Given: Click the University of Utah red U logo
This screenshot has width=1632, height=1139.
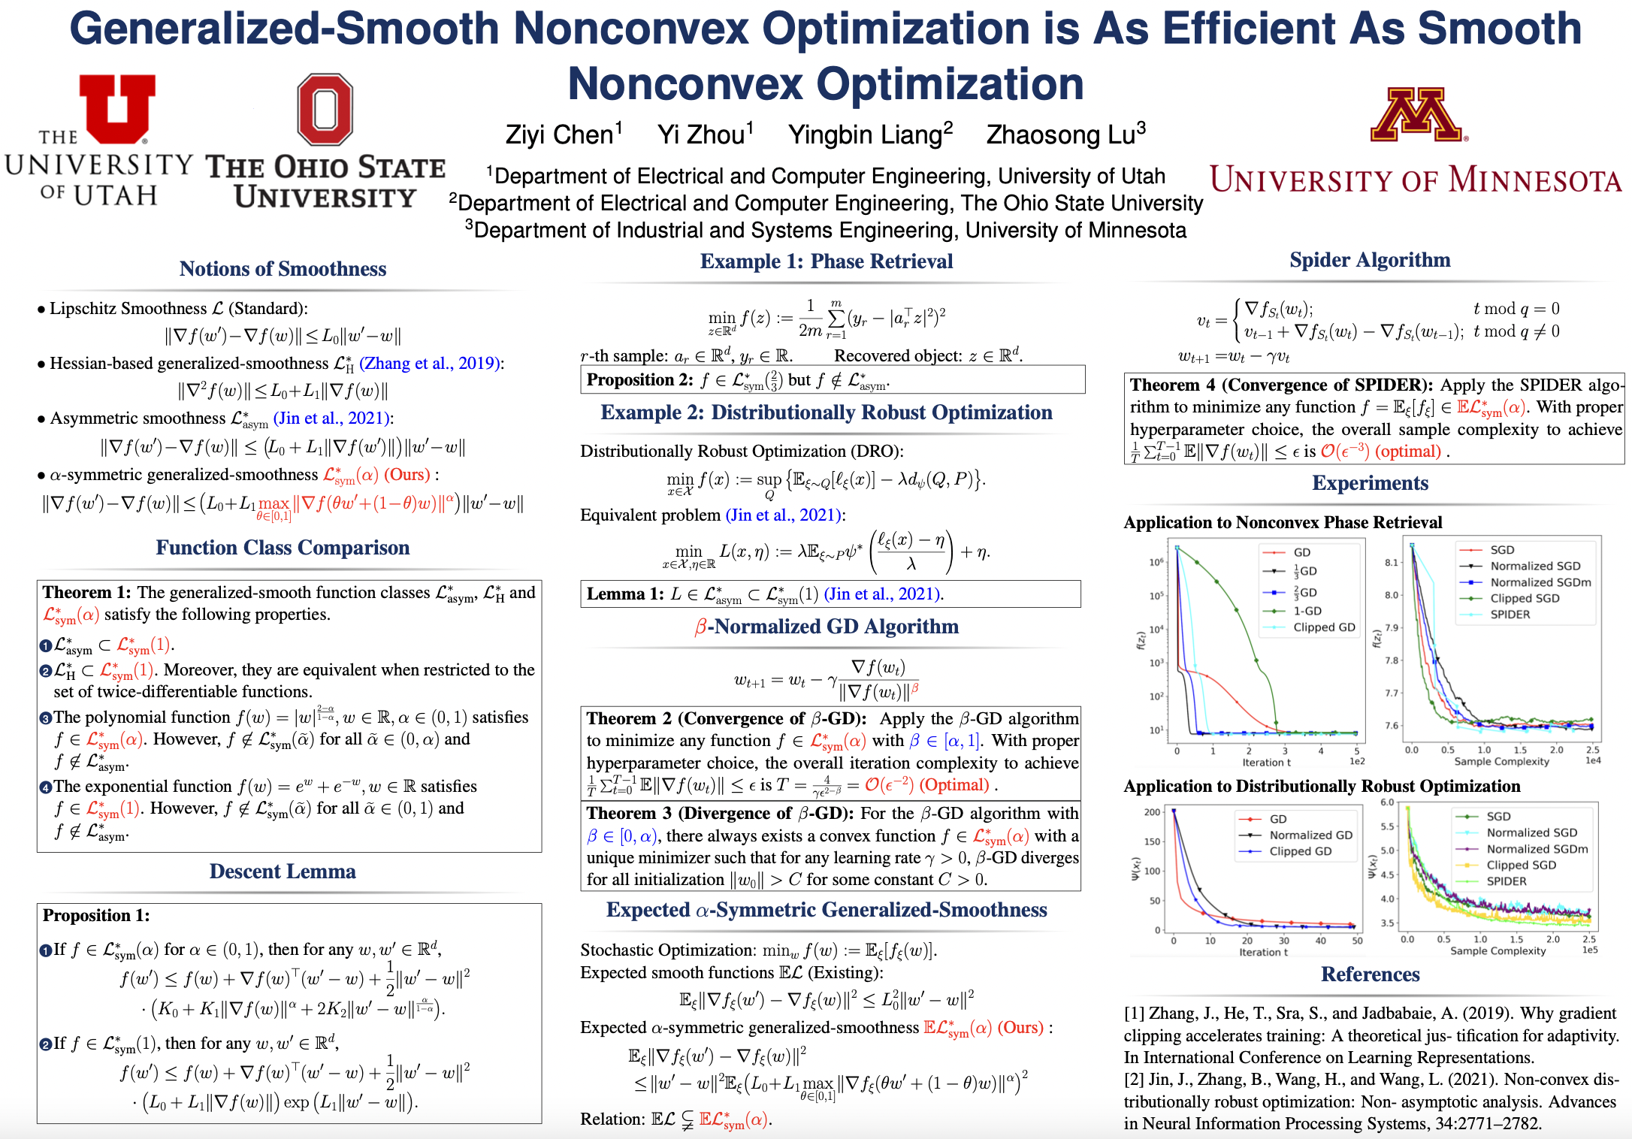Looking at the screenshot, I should point(117,108).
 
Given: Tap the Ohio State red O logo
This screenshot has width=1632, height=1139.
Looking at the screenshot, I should point(325,109).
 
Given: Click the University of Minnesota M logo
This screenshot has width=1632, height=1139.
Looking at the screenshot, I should point(1416,115).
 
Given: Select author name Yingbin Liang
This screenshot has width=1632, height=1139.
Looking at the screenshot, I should point(870,134).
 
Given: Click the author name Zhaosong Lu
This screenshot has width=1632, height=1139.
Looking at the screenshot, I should point(1065,134).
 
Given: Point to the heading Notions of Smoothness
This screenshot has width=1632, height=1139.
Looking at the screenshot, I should point(283,269).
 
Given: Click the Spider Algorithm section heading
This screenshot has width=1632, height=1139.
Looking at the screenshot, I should point(1370,260).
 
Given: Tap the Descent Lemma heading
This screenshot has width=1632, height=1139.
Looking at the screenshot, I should point(283,872).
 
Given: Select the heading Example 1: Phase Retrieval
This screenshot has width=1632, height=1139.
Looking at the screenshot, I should point(827,261).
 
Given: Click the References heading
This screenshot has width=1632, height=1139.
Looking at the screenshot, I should point(1371,974).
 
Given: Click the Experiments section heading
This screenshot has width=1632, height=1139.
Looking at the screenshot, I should point(1371,483).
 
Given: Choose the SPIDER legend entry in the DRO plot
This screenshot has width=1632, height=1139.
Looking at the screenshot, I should point(1506,881).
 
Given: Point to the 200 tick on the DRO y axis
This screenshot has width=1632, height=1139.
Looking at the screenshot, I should point(1152,812).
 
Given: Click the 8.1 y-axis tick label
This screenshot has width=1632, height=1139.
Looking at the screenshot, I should point(1391,562).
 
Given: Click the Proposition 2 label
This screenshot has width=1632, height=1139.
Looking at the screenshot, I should point(639,380).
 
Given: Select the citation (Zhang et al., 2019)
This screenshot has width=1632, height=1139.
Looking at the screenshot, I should point(430,364).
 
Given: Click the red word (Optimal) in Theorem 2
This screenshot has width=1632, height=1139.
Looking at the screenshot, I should point(955,785).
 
